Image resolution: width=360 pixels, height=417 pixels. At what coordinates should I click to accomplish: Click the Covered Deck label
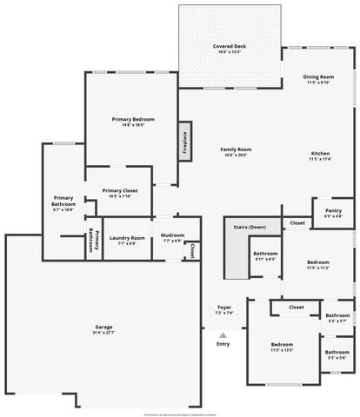pos(229,48)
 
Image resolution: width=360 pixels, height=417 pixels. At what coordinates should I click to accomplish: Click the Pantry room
pos(333,212)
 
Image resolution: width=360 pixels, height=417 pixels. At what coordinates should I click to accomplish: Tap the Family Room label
pos(236,151)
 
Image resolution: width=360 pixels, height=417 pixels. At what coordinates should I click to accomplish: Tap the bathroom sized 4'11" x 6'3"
pos(265,256)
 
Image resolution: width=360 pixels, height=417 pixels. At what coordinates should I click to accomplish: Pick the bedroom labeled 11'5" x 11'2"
pos(317,264)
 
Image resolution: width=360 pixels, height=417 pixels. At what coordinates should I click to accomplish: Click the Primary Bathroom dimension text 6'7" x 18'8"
pos(63,209)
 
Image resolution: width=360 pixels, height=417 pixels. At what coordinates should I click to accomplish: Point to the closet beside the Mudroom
pos(190,249)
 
